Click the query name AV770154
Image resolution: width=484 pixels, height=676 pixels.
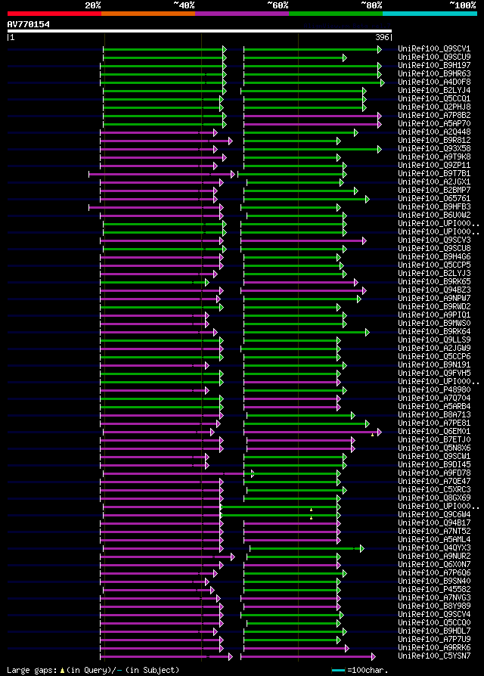click(x=29, y=24)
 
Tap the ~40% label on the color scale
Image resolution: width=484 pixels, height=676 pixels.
click(x=184, y=5)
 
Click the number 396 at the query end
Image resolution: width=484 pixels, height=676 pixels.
click(x=381, y=37)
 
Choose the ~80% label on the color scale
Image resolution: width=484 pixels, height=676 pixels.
click(x=371, y=5)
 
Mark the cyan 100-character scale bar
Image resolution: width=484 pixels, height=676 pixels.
click(x=338, y=670)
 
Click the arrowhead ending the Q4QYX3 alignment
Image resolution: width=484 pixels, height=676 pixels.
click(x=362, y=548)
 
